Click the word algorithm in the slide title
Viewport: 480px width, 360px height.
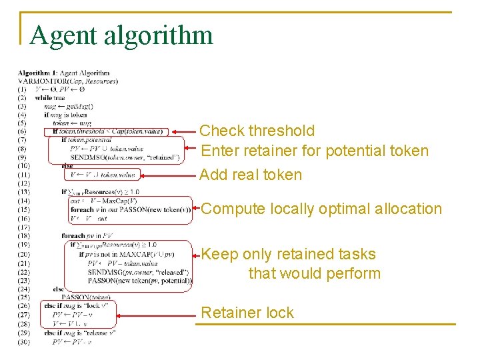(x=157, y=35)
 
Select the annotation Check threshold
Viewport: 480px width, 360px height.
(x=257, y=131)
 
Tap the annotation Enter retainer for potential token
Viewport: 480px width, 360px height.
(x=315, y=151)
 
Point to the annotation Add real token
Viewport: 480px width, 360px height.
(x=251, y=175)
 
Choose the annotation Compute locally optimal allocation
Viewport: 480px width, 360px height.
(x=321, y=209)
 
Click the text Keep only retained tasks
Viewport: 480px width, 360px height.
(x=289, y=254)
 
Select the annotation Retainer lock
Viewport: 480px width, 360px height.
(x=247, y=313)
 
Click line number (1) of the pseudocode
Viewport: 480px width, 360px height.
(x=23, y=89)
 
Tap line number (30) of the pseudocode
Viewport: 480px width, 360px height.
(x=24, y=341)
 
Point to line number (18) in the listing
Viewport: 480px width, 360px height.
(x=24, y=236)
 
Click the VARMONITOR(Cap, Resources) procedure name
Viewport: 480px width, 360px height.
(x=68, y=81)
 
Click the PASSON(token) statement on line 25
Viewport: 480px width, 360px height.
(x=86, y=297)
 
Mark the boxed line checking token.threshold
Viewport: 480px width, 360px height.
(x=107, y=132)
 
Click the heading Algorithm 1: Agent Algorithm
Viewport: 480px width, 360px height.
(x=64, y=73)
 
